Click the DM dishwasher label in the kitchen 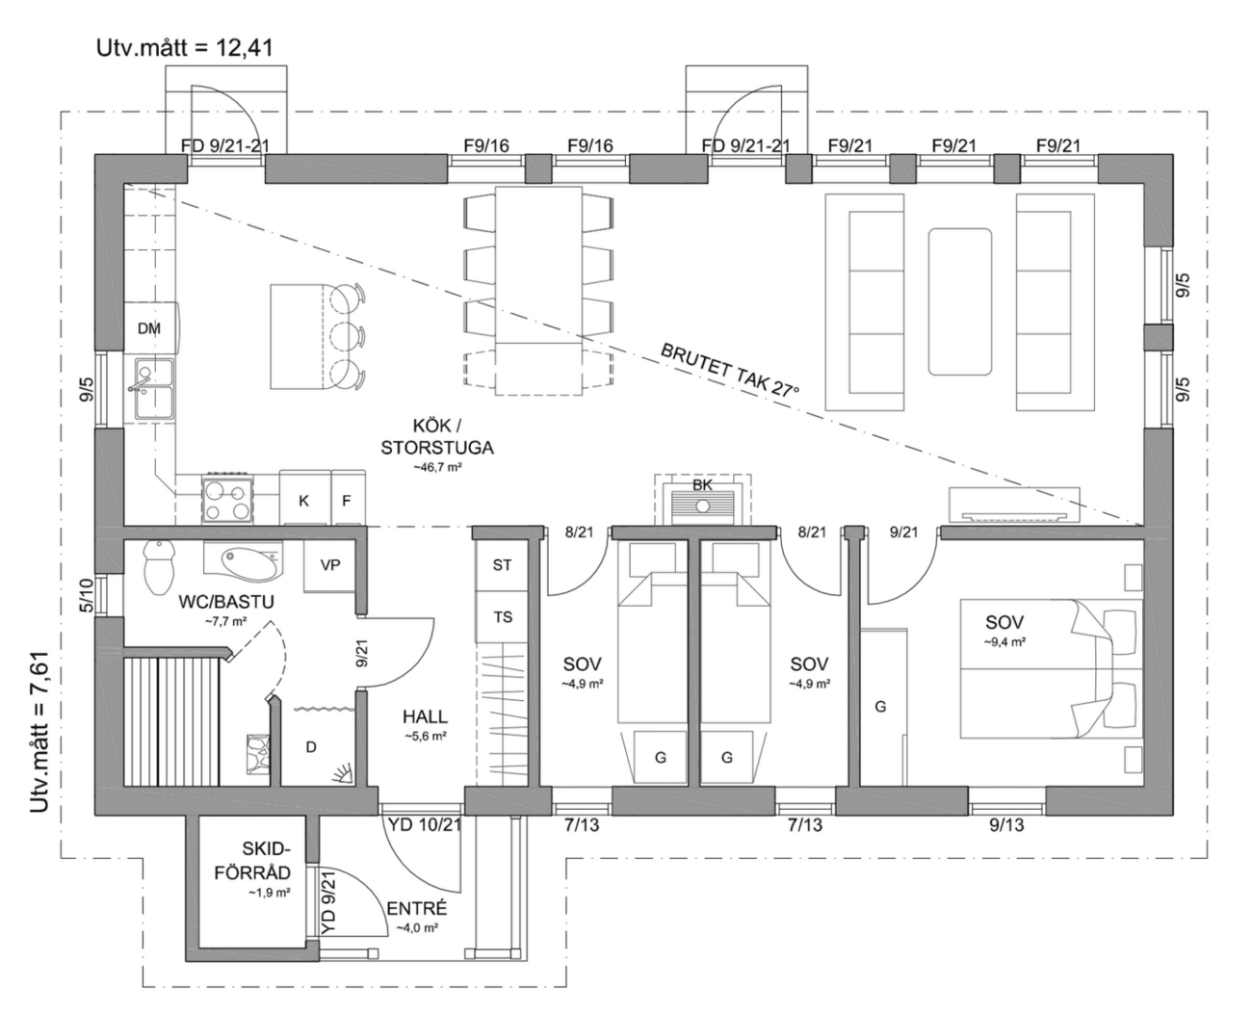[148, 328]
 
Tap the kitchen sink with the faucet [155, 390]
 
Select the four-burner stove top [228, 500]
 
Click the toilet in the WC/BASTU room [159, 566]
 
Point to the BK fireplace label [702, 484]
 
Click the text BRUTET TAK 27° [730, 371]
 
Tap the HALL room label [425, 716]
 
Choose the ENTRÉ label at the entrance [417, 908]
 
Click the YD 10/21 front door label [425, 825]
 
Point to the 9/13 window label [1006, 825]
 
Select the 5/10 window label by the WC [86, 595]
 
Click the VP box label [330, 565]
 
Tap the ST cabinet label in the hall [502, 565]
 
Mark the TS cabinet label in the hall [503, 617]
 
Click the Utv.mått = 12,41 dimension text [185, 48]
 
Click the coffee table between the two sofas [960, 301]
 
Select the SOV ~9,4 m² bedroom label [1004, 630]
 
